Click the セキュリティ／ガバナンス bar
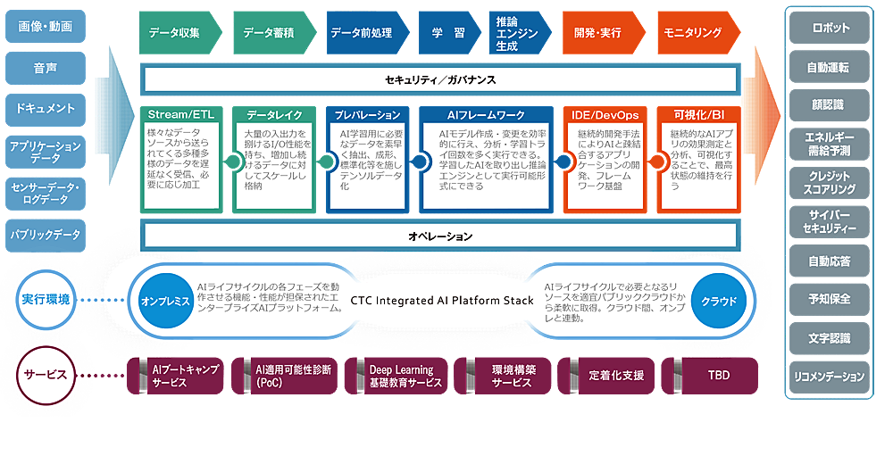click(440, 80)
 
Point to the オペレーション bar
click(440, 236)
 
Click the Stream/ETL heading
click(179, 115)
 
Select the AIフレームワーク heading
click(486, 115)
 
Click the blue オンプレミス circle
click(166, 301)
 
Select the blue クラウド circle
click(719, 301)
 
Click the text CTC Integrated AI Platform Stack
click(442, 301)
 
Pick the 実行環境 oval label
click(46, 299)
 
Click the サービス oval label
click(46, 373)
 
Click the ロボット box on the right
click(830, 28)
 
